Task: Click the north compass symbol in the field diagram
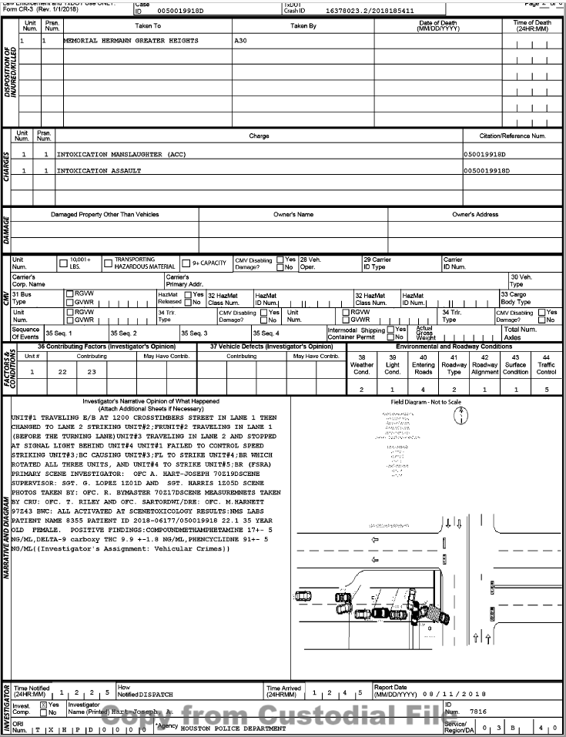[460, 415]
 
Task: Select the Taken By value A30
[240, 40]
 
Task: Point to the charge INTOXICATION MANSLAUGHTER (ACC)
[116, 154]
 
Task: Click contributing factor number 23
[92, 371]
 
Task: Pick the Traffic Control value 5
[547, 390]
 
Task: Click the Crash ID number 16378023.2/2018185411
[370, 12]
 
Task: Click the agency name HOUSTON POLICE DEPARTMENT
[233, 726]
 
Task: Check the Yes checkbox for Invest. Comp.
[43, 705]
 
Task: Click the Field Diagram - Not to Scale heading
[427, 402]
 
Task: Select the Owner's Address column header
[475, 214]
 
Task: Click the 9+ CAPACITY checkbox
[186, 263]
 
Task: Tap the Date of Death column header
[437, 26]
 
